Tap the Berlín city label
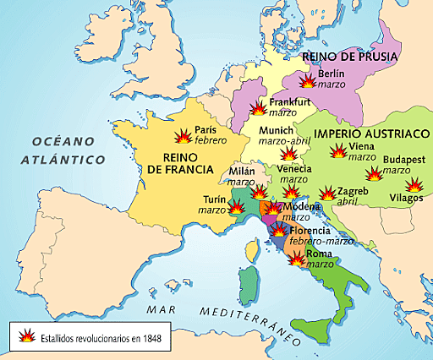point(332,74)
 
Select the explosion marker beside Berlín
point(307,80)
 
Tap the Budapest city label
point(403,159)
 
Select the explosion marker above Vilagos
point(414,184)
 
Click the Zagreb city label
point(353,192)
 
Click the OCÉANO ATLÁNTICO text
point(63,150)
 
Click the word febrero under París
point(211,141)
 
